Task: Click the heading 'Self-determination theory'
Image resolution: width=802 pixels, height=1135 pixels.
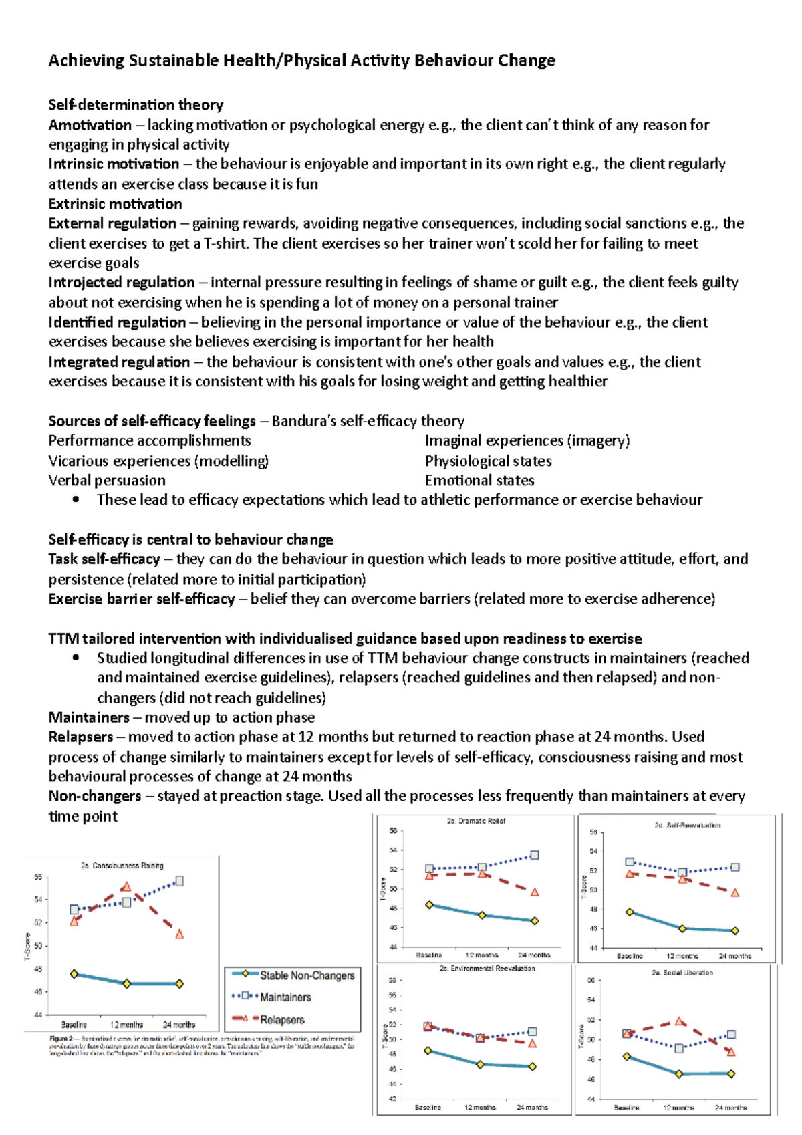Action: coord(136,105)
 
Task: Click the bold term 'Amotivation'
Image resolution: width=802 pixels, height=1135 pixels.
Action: coord(90,125)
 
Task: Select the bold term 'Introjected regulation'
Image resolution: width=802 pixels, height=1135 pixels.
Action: coord(122,283)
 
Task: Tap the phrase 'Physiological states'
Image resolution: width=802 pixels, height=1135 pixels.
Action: coord(488,461)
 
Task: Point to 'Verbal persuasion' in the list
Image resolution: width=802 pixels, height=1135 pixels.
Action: coord(107,481)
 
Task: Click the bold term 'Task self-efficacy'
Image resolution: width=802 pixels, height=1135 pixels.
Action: coord(104,559)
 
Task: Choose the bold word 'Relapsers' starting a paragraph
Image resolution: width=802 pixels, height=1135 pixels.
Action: coord(81,737)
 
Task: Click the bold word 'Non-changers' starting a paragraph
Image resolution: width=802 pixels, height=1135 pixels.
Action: coord(95,796)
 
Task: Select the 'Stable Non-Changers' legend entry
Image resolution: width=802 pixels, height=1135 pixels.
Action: coord(307,976)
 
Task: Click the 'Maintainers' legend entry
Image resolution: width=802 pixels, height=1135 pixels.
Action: coord(285,997)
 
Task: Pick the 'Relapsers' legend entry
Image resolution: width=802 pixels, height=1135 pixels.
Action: coord(282,1020)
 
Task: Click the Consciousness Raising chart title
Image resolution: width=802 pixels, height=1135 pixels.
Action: coord(122,866)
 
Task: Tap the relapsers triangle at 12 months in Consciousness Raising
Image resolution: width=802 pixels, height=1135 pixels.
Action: coord(126,887)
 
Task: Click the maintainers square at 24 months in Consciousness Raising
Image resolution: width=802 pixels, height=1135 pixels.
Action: coord(179,882)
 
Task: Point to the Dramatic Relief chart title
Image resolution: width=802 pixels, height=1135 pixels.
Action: coord(476,822)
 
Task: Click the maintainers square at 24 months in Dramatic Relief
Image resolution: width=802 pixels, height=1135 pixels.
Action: coord(535,856)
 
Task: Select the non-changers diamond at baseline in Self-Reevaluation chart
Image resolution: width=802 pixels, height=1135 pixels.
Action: coord(630,912)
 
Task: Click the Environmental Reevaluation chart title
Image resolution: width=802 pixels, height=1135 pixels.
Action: coord(487,969)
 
